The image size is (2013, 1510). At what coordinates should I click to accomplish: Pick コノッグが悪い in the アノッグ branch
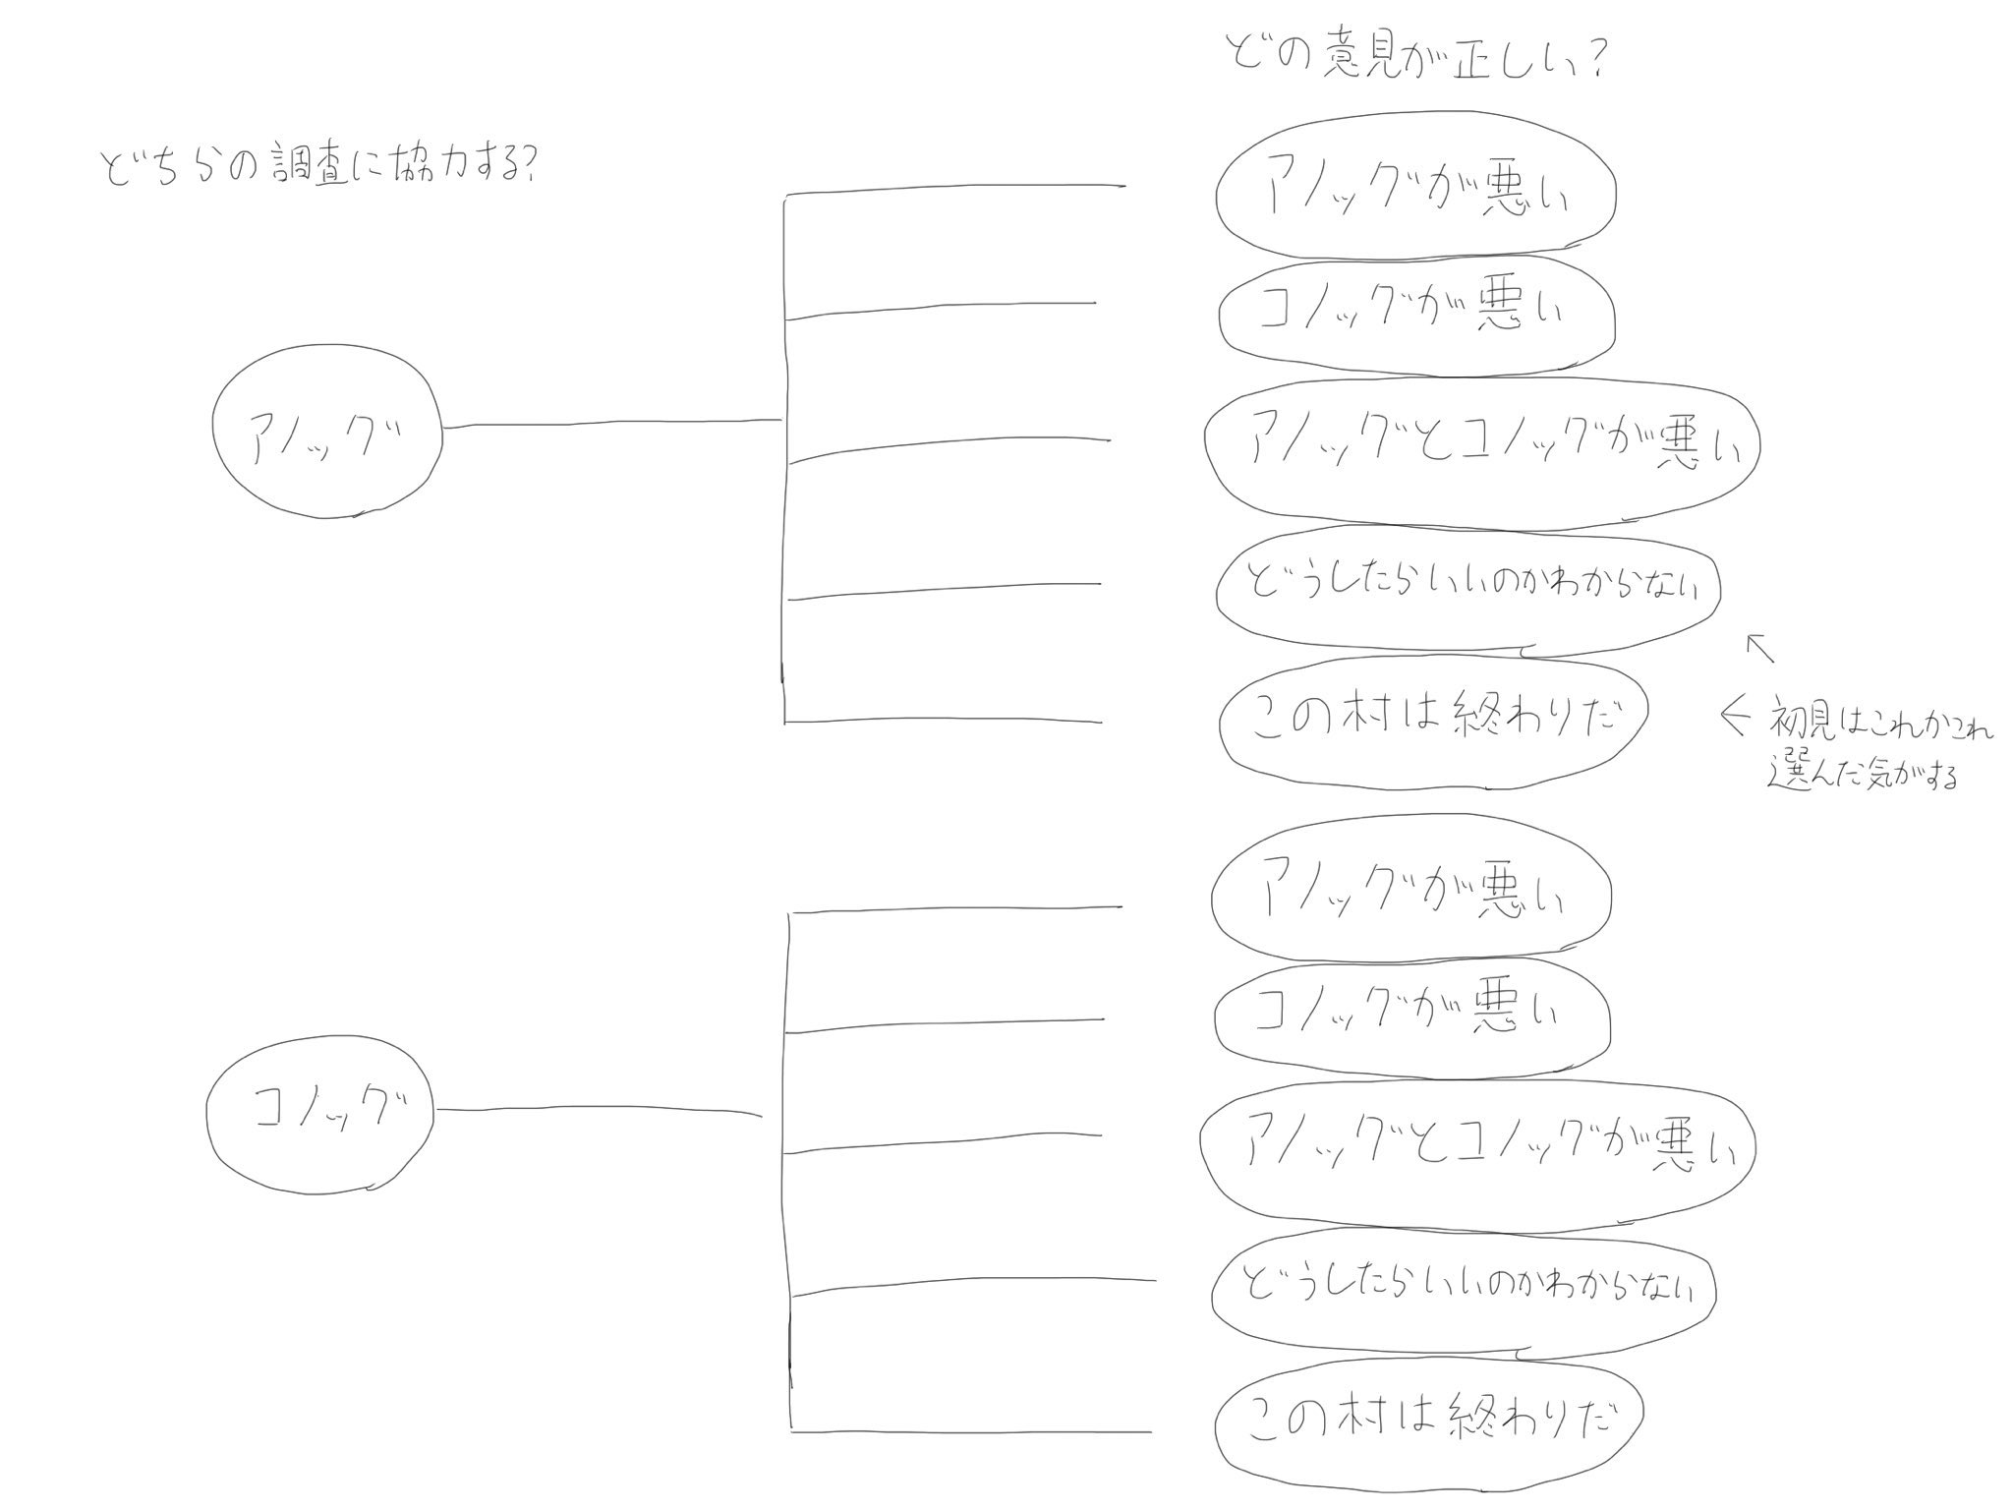(x=1415, y=315)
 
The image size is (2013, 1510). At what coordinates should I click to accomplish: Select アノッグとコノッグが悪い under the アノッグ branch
(x=1482, y=452)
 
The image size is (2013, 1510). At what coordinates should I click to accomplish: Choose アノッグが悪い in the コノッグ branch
(x=1411, y=893)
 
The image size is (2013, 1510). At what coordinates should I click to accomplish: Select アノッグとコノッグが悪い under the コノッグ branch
(x=1477, y=1150)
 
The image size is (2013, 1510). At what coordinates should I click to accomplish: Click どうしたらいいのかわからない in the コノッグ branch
(x=1464, y=1288)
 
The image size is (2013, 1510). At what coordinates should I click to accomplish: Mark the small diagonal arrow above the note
(x=1759, y=649)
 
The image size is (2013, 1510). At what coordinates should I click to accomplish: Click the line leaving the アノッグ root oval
(x=609, y=425)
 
